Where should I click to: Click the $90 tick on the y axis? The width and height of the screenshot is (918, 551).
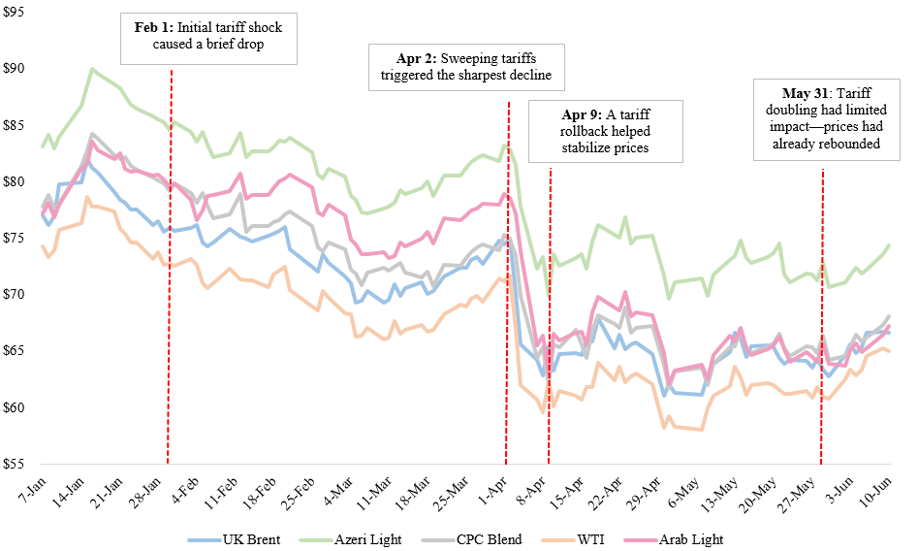click(16, 69)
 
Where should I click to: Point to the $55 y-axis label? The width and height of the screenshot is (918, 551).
click(16, 464)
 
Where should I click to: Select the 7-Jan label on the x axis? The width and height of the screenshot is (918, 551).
click(26, 486)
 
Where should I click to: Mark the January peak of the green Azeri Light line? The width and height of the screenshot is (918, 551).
click(91, 69)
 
